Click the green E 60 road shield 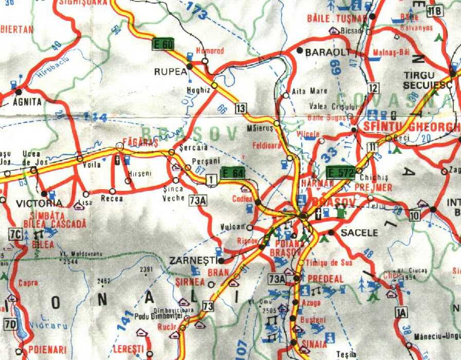163,44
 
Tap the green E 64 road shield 232,173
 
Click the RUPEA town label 171,72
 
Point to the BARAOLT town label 327,52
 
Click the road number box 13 241,107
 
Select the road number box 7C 15,235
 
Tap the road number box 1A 401,311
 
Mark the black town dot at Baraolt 300,50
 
